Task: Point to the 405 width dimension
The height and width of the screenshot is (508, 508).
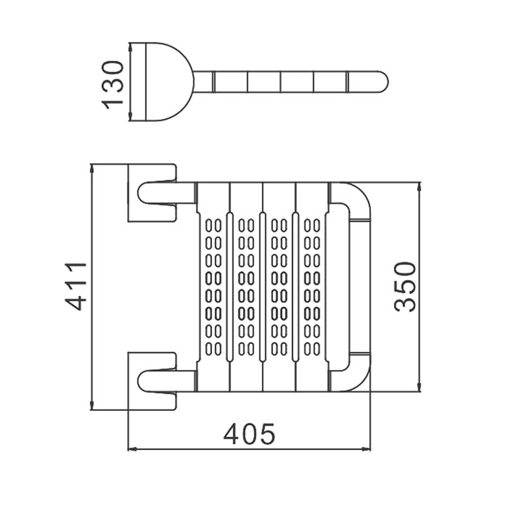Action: click(x=249, y=434)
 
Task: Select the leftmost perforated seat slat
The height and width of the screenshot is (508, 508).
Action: click(x=214, y=287)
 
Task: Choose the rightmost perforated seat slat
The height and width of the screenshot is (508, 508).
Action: click(x=312, y=287)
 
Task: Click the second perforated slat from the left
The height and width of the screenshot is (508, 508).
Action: click(x=247, y=287)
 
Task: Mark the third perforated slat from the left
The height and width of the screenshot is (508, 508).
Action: click(x=279, y=287)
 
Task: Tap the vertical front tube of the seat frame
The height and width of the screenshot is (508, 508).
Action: click(x=361, y=287)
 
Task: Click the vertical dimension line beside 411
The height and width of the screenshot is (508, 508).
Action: click(x=93, y=287)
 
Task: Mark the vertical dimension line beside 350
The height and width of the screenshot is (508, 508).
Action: click(x=419, y=287)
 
